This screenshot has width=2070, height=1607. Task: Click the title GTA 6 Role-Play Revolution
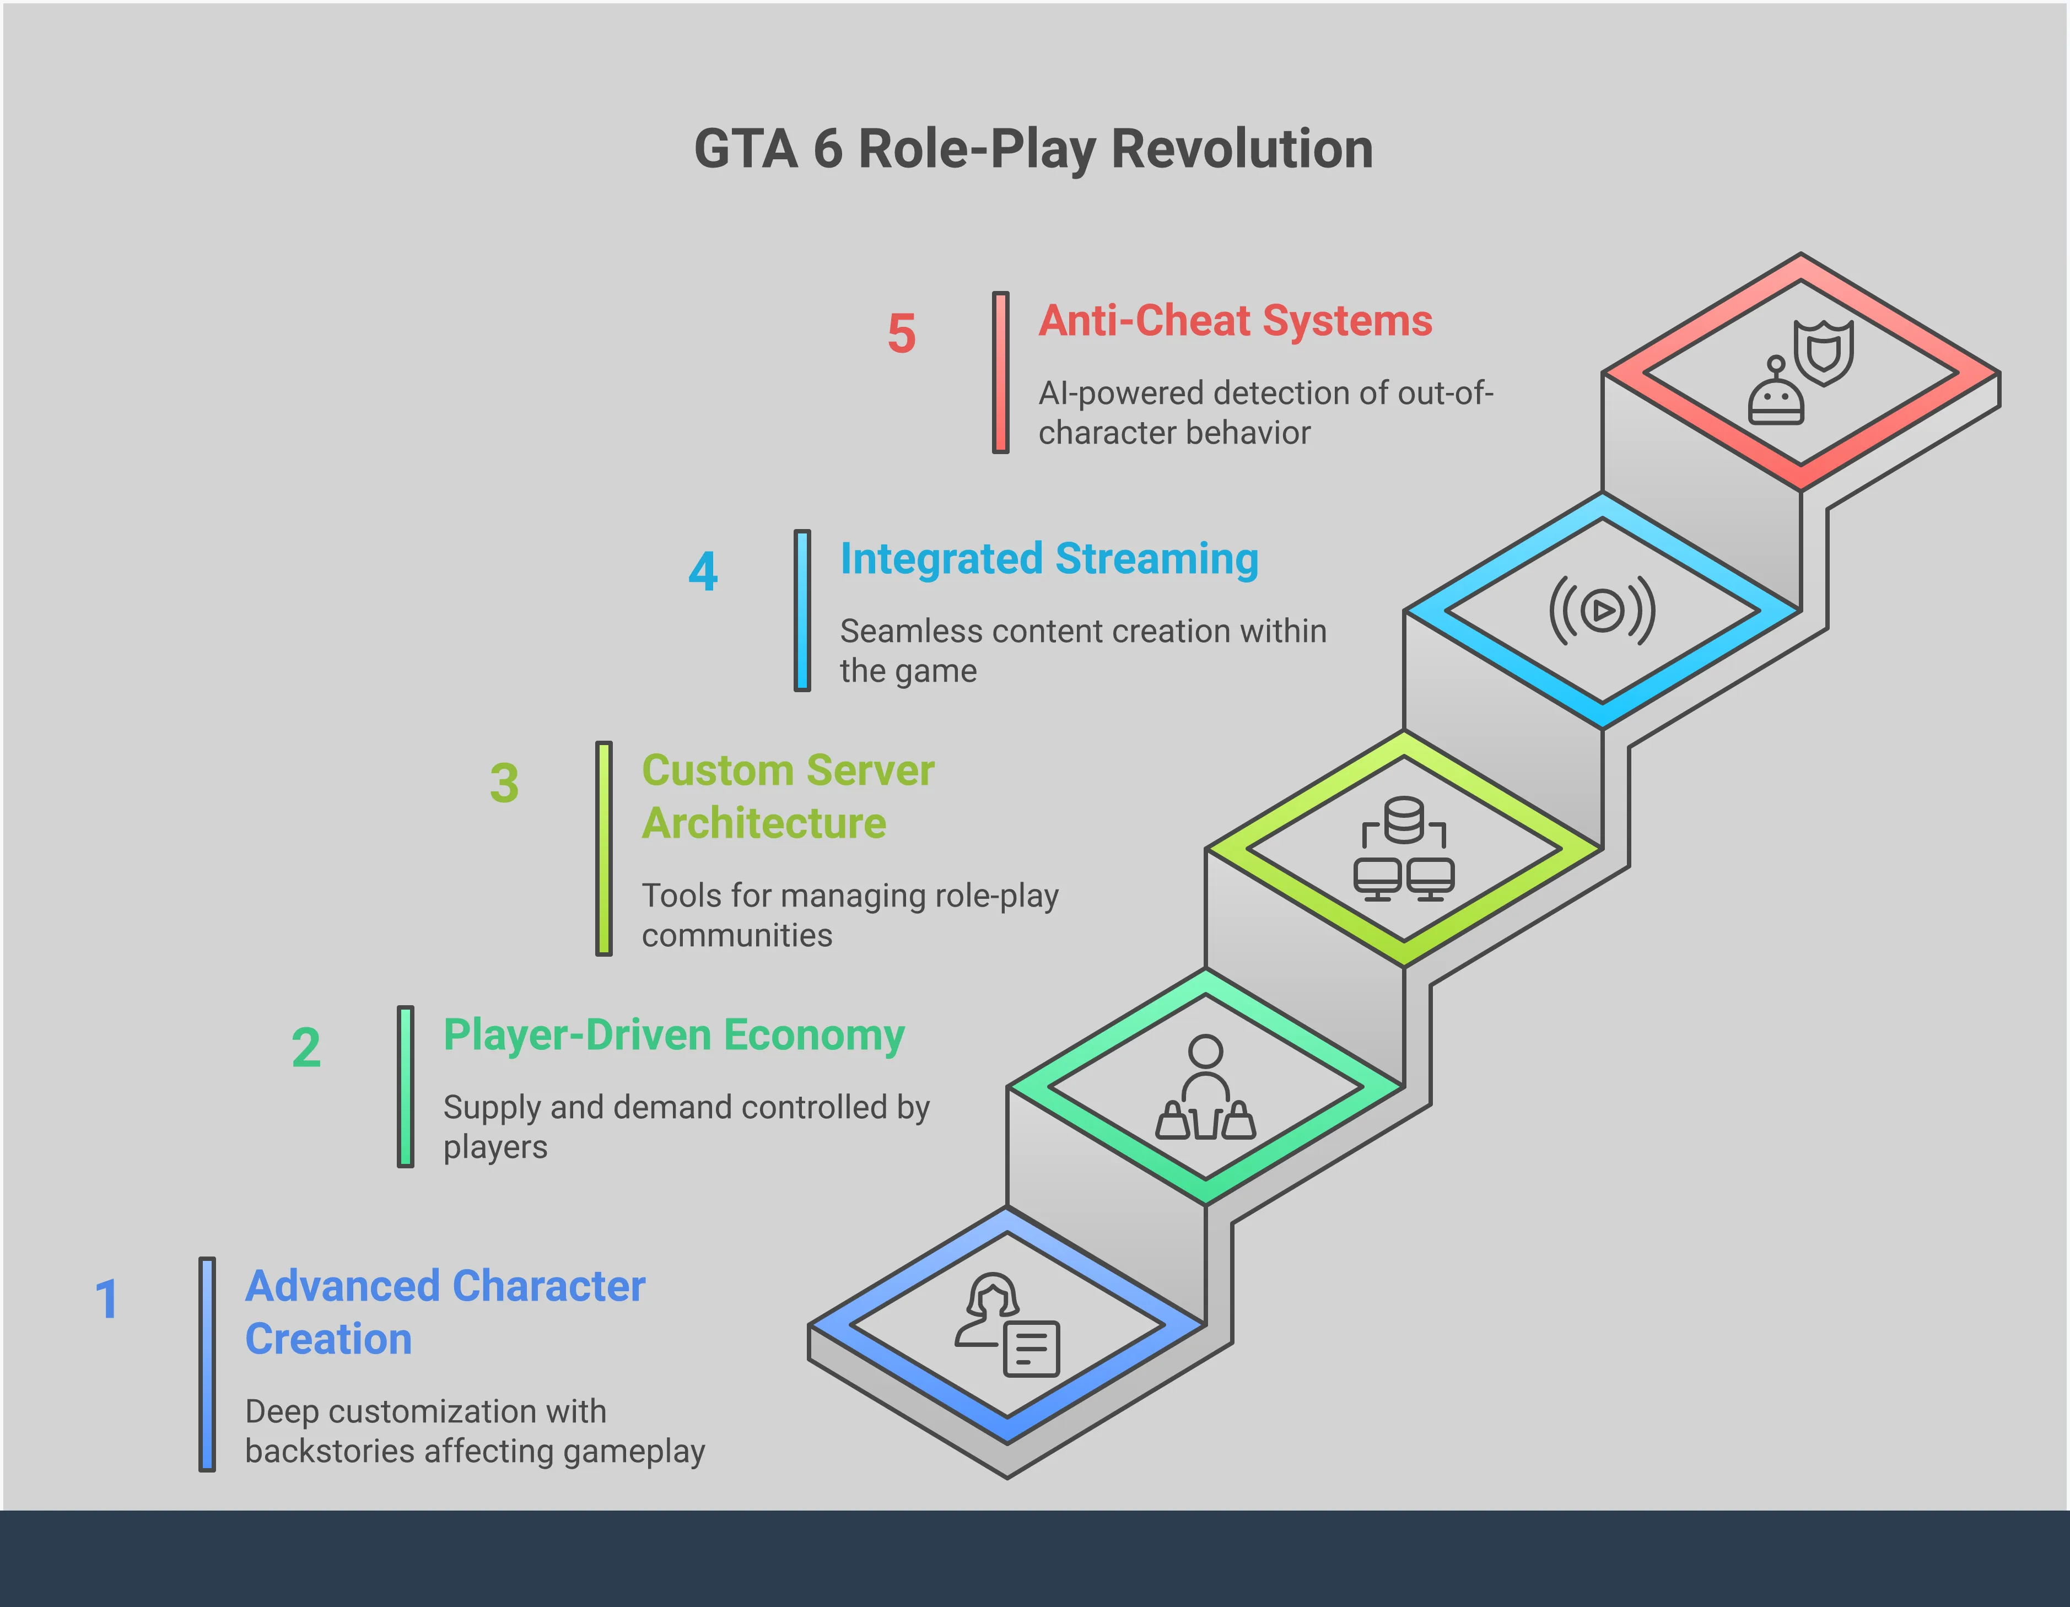(x=1034, y=150)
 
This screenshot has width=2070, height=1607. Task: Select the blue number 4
(x=703, y=571)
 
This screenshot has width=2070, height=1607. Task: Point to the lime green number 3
(x=504, y=784)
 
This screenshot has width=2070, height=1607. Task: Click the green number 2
(x=306, y=1048)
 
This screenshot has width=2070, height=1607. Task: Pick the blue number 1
(x=106, y=1299)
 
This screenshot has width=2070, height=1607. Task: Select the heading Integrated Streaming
(x=1049, y=559)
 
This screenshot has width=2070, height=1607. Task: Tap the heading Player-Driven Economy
(x=674, y=1036)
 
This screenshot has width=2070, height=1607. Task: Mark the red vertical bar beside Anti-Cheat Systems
(x=1001, y=373)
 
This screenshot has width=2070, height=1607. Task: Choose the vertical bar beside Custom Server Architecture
(x=604, y=849)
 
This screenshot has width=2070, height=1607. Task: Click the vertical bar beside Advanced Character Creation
(x=207, y=1365)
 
